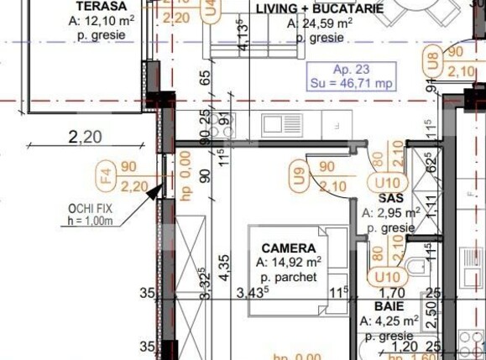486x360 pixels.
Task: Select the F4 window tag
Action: (105, 177)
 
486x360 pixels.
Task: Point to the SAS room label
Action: (391, 198)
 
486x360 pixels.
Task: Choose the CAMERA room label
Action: (288, 248)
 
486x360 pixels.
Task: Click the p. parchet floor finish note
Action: (288, 277)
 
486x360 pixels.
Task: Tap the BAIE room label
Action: (389, 307)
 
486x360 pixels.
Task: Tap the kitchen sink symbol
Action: (275, 125)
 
